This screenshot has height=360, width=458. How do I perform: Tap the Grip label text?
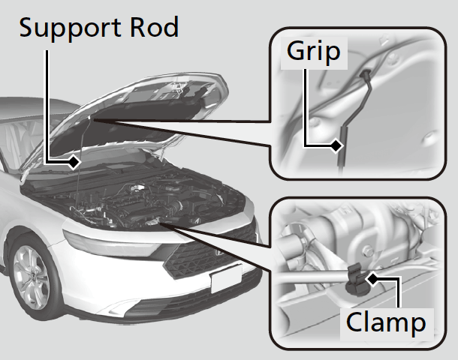point(312,52)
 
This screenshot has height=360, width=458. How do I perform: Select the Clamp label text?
point(385,323)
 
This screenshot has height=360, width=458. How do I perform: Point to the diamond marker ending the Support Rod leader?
point(74,160)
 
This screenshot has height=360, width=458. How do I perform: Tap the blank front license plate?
point(226,280)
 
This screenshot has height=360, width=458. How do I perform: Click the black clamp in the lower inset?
point(351,283)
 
